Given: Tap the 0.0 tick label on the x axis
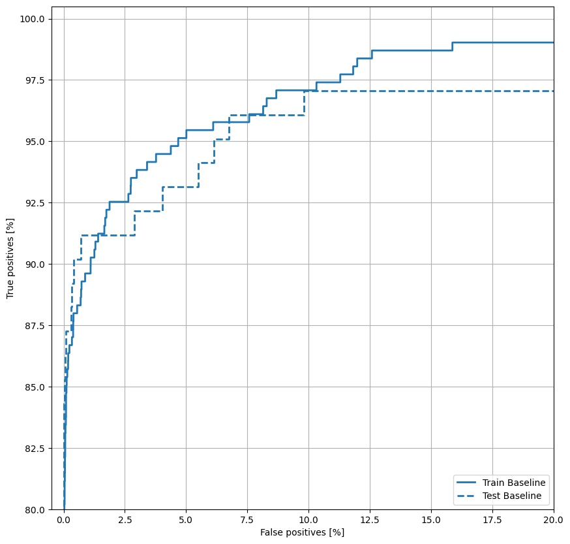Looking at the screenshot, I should coord(63,520).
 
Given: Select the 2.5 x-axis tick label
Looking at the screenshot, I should coord(125,520).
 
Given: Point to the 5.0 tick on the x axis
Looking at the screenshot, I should coord(186,520).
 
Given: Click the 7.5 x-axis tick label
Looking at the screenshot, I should coord(247,520).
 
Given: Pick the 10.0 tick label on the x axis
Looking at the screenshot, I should coord(308,520).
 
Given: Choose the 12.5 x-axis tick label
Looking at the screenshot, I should coord(370,520).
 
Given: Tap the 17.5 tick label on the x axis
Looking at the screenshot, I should coord(492,520).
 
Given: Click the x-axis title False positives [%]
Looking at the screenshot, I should coord(302,533).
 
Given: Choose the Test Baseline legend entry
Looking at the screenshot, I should coord(511,496).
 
